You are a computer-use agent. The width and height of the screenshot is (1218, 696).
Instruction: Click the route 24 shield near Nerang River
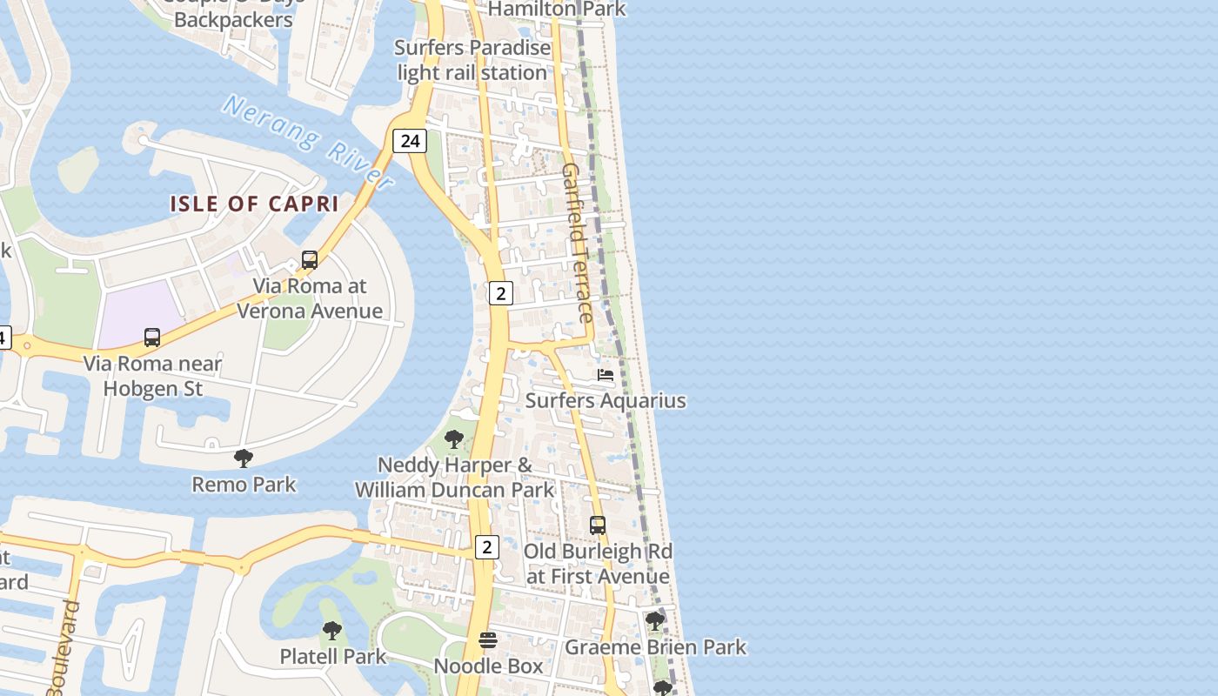[409, 140]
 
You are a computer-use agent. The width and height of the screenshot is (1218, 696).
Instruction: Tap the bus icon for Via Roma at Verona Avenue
[309, 259]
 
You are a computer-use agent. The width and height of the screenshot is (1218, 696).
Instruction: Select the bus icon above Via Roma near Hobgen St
[152, 338]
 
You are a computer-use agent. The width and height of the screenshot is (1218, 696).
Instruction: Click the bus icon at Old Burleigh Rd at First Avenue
[598, 525]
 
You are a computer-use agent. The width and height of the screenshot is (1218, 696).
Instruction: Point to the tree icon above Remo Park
[244, 458]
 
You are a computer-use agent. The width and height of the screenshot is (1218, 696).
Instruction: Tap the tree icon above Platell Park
[331, 630]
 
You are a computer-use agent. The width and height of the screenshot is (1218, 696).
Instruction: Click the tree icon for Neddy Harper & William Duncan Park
[453, 438]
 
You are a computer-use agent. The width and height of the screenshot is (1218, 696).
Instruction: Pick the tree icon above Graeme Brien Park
[654, 621]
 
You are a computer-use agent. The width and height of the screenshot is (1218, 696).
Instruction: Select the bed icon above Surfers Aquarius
[606, 375]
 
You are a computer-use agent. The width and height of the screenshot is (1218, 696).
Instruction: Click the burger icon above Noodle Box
[488, 640]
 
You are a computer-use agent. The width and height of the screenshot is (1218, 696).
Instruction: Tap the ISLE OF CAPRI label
[254, 204]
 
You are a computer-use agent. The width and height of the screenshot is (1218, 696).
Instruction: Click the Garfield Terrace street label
[578, 243]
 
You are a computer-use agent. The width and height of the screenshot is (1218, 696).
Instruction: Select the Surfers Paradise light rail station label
[472, 60]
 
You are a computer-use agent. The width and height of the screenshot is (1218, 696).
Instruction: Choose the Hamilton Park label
[557, 9]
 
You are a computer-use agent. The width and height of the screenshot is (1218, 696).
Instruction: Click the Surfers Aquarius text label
[606, 401]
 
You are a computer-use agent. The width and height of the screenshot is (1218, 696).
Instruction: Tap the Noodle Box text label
[488, 666]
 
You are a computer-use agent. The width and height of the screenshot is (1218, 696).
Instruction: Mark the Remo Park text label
[244, 485]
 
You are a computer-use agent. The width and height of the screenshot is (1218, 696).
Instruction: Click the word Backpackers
[233, 19]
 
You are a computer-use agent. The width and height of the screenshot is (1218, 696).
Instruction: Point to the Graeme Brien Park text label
[655, 647]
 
